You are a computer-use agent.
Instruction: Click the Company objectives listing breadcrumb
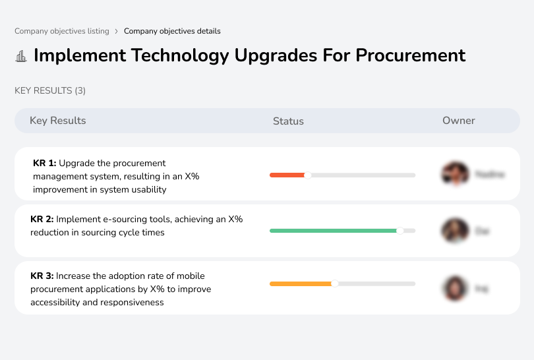[x=61, y=31]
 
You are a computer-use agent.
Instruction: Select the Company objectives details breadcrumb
[x=172, y=31]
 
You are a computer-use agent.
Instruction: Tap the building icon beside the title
[x=21, y=56]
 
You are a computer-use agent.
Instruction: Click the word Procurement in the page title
[x=410, y=55]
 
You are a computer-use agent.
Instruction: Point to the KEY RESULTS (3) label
[x=50, y=90]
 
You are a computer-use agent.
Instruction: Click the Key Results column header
[x=58, y=121]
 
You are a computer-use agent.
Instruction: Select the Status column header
[x=288, y=121]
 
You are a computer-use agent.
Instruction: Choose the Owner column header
[x=459, y=121]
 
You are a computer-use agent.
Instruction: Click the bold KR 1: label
[x=45, y=163]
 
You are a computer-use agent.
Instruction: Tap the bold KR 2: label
[x=42, y=219]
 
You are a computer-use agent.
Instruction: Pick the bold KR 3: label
[x=42, y=276]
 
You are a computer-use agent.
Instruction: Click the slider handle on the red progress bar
[x=307, y=175]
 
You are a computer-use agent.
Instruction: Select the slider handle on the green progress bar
[x=400, y=231]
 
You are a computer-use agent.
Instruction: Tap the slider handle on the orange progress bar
[x=334, y=284]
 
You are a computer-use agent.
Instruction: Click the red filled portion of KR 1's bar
[x=287, y=175]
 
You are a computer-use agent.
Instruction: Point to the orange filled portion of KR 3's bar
[x=300, y=284]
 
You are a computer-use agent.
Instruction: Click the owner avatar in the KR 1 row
[x=455, y=174]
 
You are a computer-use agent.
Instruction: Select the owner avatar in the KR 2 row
[x=455, y=231]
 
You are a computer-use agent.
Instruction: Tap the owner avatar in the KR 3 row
[x=455, y=288]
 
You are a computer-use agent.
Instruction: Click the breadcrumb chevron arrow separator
[x=117, y=31]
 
